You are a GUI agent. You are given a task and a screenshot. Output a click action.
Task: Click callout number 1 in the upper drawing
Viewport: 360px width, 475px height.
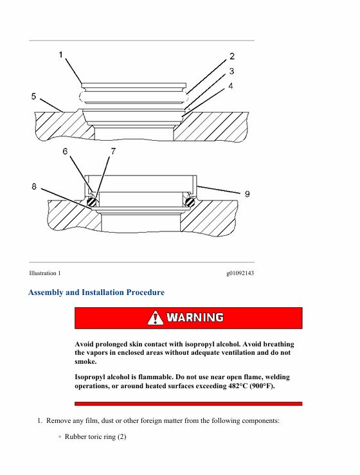[x=61, y=55]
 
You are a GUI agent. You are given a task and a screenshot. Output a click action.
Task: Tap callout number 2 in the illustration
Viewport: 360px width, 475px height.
[x=232, y=56]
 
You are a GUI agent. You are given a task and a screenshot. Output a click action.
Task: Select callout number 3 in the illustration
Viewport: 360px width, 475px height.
[x=231, y=71]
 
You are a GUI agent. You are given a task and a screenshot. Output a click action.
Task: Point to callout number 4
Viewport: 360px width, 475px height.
[x=231, y=86]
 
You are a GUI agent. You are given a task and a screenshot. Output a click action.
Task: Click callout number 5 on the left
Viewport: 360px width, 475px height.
[x=33, y=96]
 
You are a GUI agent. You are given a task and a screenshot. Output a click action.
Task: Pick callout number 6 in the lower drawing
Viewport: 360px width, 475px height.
[x=65, y=151]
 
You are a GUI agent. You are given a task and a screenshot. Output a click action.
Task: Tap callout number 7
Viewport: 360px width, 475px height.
[x=113, y=151]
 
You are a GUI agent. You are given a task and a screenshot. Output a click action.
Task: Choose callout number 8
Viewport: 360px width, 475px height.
[x=34, y=186]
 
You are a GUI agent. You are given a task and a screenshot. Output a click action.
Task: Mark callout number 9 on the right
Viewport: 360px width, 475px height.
[x=248, y=194]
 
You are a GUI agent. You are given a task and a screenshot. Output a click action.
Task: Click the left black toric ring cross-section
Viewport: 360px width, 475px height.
[x=91, y=202]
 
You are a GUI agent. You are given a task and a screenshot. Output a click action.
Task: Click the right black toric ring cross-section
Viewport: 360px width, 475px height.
[x=190, y=202]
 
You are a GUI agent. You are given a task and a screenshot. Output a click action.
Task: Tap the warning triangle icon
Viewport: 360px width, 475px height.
[x=156, y=318]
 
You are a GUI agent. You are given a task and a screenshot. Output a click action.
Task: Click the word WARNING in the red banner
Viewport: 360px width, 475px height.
[x=195, y=318]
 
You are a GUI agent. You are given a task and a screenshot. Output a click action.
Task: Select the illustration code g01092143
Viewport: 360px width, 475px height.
[x=240, y=273]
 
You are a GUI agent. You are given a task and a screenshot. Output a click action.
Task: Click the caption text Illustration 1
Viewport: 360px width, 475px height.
[x=45, y=273]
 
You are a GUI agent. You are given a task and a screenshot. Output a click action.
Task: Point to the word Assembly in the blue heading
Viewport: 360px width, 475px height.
[x=46, y=292]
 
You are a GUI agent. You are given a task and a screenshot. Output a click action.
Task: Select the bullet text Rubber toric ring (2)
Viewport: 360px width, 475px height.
[x=95, y=436]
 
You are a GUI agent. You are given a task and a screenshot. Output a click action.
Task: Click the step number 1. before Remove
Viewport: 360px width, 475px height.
[x=39, y=421]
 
